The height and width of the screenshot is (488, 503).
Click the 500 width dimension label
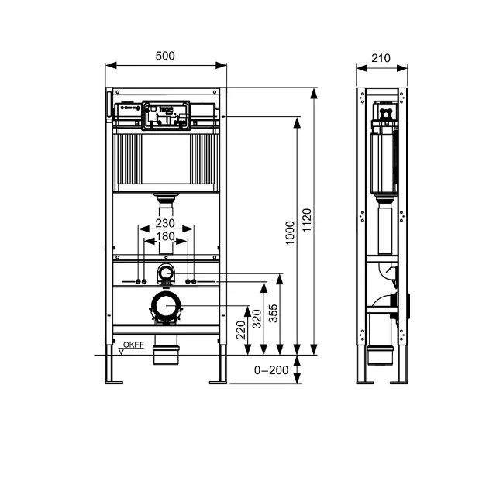pyautogui.click(x=165, y=56)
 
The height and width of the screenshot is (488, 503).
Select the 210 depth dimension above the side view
pyautogui.click(x=381, y=57)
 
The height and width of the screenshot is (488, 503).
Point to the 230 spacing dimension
pyautogui.click(x=164, y=224)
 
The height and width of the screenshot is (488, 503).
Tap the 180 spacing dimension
pyautogui.click(x=164, y=236)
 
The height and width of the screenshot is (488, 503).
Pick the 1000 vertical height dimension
pyautogui.click(x=290, y=232)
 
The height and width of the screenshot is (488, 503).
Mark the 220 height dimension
pyautogui.click(x=241, y=332)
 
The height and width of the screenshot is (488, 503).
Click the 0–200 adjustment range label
pyautogui.click(x=271, y=370)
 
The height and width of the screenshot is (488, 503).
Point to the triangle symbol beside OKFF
pyautogui.click(x=122, y=350)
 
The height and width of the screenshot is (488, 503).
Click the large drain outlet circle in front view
pyautogui.click(x=164, y=308)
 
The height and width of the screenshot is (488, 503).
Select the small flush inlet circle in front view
pyautogui.click(x=165, y=272)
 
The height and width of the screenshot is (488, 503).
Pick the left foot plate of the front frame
pyautogui.click(x=115, y=380)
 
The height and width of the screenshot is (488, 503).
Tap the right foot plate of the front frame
pyautogui.click(x=216, y=380)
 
